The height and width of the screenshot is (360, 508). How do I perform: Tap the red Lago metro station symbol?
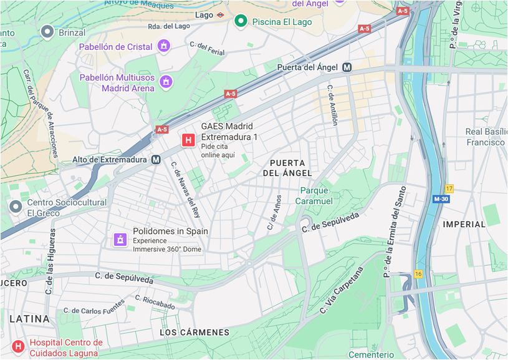(221, 14)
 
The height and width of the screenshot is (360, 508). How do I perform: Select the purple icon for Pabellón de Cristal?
(164, 46)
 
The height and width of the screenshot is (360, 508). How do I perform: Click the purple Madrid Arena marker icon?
(166, 82)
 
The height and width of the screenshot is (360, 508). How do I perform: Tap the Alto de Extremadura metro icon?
(157, 160)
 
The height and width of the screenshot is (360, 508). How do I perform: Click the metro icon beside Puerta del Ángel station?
(347, 67)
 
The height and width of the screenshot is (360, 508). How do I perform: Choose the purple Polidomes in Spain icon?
(120, 240)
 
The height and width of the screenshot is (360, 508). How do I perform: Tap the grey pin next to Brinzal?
(47, 31)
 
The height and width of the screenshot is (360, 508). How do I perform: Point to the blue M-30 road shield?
(441, 199)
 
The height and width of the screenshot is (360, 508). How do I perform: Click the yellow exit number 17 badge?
(449, 188)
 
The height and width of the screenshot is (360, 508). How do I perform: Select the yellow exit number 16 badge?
(418, 274)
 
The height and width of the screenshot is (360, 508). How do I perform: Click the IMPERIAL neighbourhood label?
(464, 224)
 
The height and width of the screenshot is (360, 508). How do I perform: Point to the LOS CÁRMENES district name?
(194, 333)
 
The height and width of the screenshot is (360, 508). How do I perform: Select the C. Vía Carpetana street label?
(341, 291)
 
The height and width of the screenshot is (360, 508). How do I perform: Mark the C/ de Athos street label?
(274, 212)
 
